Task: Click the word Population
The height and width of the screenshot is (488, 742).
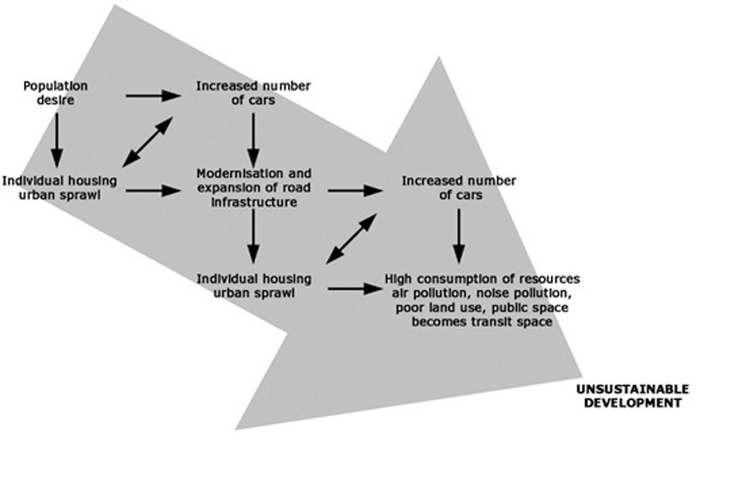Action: (55, 86)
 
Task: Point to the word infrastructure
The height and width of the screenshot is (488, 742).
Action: (254, 203)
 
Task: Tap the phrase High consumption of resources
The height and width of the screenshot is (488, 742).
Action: (482, 278)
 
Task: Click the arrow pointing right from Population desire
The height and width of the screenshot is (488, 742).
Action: (153, 95)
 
